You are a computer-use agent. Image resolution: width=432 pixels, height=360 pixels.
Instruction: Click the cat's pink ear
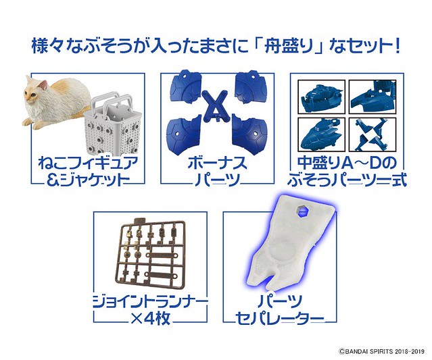click(x=43, y=85)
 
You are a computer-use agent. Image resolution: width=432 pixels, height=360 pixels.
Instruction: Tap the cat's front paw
click(x=28, y=122)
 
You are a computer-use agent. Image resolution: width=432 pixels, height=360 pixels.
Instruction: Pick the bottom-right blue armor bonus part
click(x=249, y=132)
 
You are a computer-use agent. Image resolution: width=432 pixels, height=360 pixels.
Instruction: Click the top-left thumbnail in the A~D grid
click(x=322, y=97)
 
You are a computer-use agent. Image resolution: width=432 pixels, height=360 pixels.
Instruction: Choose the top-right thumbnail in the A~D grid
click(x=373, y=97)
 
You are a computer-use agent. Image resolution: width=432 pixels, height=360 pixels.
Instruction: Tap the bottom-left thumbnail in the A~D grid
click(x=322, y=134)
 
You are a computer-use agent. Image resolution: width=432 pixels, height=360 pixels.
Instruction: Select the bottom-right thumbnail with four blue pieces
click(x=373, y=134)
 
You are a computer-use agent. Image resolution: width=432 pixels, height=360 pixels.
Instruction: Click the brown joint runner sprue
click(x=149, y=253)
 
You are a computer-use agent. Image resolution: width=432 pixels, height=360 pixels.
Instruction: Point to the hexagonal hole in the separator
click(x=298, y=212)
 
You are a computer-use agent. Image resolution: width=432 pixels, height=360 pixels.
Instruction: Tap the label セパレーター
click(x=280, y=319)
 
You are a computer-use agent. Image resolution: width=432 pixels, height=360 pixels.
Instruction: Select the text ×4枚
click(x=151, y=319)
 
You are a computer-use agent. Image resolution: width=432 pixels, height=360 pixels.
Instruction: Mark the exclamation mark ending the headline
click(x=397, y=47)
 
